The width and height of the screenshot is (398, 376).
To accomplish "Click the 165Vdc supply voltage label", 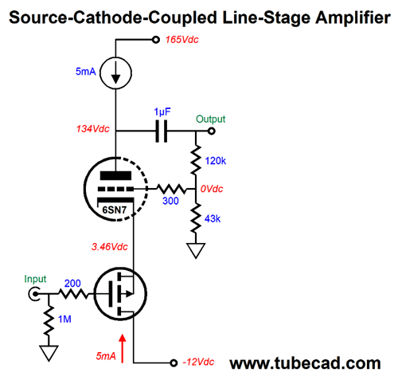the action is pyautogui.click(x=182, y=40).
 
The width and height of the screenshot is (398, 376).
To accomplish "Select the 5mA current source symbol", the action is pyautogui.click(x=115, y=72).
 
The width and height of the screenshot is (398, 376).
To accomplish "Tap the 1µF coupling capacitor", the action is pyautogui.click(x=162, y=131).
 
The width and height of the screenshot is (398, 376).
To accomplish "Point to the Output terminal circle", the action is pyautogui.click(x=211, y=131).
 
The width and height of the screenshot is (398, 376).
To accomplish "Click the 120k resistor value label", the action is pyautogui.click(x=216, y=161).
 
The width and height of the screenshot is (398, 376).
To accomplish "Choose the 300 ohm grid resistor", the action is pyautogui.click(x=171, y=189).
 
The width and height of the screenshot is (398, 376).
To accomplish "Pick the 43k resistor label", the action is pyautogui.click(x=213, y=219).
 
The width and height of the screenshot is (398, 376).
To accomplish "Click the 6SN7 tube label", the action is pyautogui.click(x=115, y=210).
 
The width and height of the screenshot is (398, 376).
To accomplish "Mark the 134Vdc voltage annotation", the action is pyautogui.click(x=93, y=129).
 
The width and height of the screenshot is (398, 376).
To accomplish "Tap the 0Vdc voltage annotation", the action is pyautogui.click(x=212, y=189).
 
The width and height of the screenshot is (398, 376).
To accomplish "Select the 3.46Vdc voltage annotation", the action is pyautogui.click(x=110, y=247).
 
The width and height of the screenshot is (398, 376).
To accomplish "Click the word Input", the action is pyautogui.click(x=35, y=279).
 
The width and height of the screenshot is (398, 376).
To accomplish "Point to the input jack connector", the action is pyautogui.click(x=34, y=294).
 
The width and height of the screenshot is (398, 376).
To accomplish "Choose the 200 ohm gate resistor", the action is pyautogui.click(x=72, y=294).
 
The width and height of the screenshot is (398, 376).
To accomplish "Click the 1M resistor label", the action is pyautogui.click(x=64, y=319).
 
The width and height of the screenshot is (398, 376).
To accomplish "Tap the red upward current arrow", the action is pyautogui.click(x=123, y=348).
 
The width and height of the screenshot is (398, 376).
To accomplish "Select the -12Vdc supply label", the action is pyautogui.click(x=198, y=362).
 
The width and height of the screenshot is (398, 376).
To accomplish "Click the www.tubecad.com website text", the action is pyautogui.click(x=305, y=363).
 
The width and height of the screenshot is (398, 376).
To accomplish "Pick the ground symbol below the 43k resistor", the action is pyautogui.click(x=196, y=250).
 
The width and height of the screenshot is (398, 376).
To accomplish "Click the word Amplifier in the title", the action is pyautogui.click(x=353, y=18).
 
